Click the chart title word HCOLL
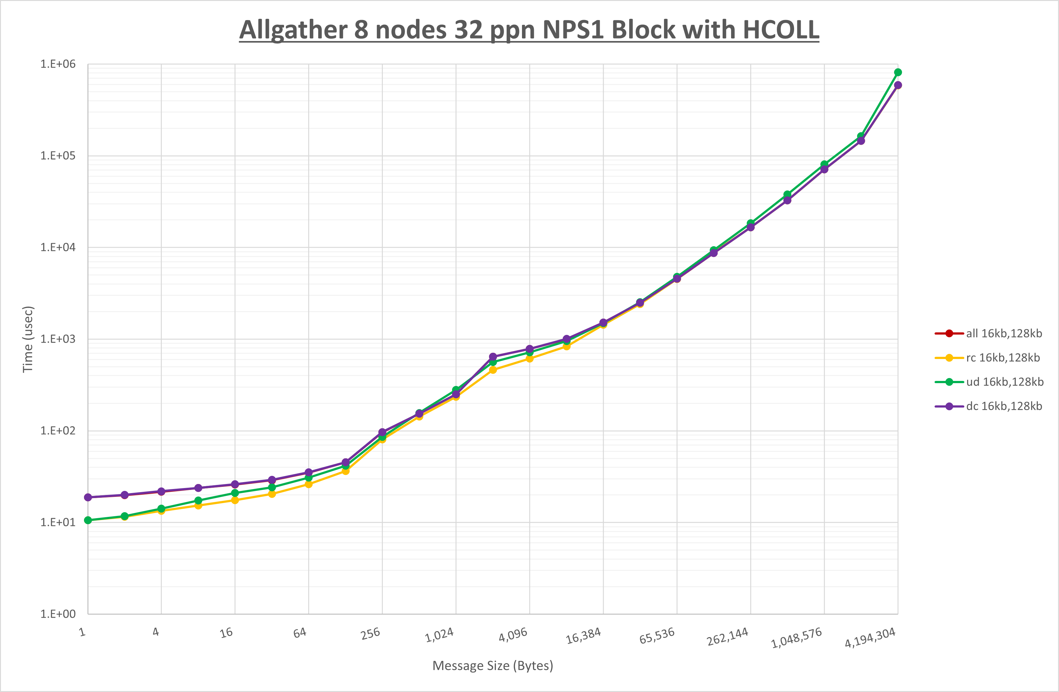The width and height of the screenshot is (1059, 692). point(781,30)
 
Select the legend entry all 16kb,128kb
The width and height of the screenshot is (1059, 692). point(1004,334)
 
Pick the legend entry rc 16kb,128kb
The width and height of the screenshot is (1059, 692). point(1003,357)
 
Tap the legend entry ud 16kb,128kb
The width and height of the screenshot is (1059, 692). point(1004,382)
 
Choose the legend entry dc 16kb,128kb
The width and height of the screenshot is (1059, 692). point(1004,406)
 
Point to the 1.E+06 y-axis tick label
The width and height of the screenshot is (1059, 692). point(58,64)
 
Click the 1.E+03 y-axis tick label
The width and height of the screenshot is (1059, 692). point(58,339)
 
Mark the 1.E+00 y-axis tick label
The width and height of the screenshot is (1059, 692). point(58,614)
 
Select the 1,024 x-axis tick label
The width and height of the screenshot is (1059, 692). point(439,635)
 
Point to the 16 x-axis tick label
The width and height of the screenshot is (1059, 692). point(226,633)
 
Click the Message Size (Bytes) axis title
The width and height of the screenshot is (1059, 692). point(493,666)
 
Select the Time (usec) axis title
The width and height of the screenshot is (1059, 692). point(28,339)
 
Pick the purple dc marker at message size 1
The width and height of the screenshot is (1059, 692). point(88,497)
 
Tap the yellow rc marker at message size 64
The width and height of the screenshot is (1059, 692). point(309,484)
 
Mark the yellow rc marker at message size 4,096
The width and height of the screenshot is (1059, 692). point(529,358)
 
